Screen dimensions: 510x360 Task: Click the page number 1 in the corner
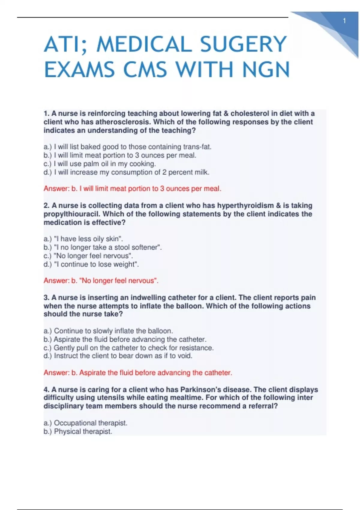click(344, 21)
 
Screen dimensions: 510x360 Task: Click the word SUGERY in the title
click(243, 44)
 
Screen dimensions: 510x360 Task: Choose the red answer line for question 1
click(132, 189)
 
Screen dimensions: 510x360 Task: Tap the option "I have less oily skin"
click(83, 239)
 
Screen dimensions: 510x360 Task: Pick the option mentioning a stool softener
click(103, 247)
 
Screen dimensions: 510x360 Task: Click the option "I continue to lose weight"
click(91, 264)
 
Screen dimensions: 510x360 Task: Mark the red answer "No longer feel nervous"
click(101, 281)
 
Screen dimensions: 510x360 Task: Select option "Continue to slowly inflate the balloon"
click(108, 331)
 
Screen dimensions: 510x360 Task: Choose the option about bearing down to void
click(118, 356)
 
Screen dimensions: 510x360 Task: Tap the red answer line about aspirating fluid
click(138, 373)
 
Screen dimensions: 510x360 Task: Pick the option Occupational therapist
click(85, 423)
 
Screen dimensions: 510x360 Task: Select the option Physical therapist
click(78, 431)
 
